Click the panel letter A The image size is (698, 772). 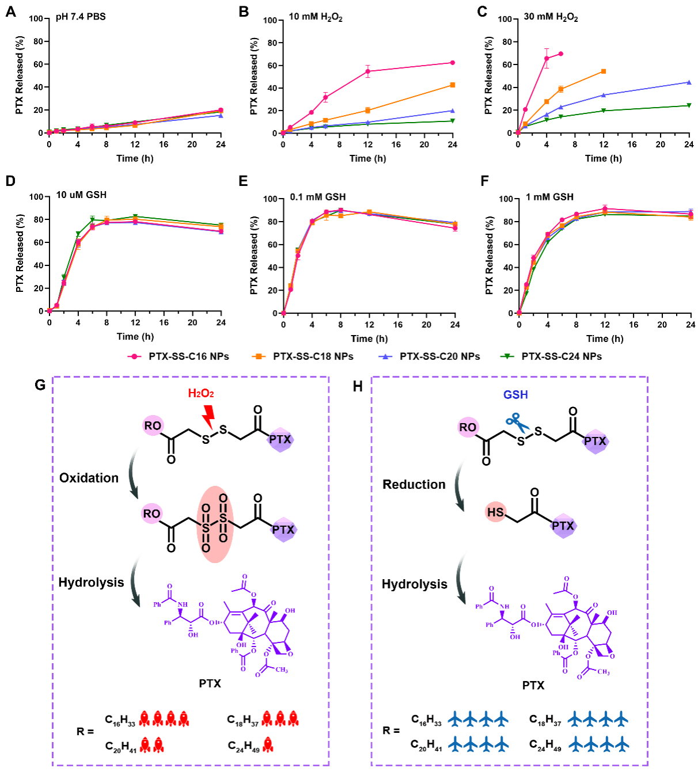point(10,12)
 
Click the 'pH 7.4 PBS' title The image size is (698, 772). point(81,17)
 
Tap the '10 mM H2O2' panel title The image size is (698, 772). point(315,17)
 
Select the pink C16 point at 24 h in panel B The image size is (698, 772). point(453,63)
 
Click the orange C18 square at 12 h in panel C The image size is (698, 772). point(604,71)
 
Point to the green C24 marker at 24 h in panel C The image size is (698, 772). point(689,105)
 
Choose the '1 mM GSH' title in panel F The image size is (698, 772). point(549,197)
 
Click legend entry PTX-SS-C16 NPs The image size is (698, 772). point(188,356)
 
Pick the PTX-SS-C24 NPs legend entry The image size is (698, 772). point(561,356)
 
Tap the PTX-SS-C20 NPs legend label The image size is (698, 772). point(439,356)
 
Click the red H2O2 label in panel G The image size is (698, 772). point(201,394)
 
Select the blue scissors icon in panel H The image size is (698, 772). point(517,423)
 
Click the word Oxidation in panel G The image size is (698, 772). point(89,478)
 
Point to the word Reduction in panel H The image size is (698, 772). point(414,485)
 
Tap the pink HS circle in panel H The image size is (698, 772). point(495,512)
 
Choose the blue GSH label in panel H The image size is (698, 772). point(515,395)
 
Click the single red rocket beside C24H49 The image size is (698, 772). point(268,746)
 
